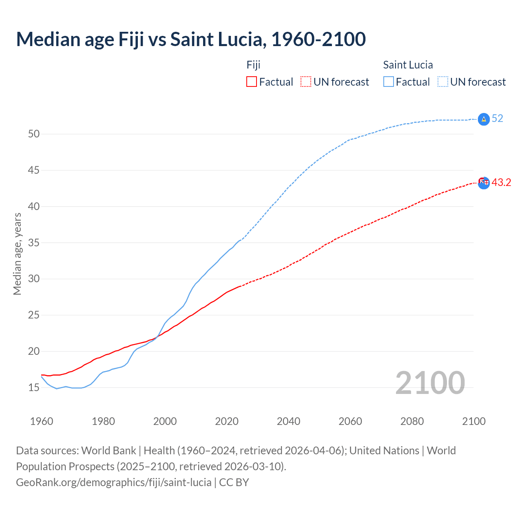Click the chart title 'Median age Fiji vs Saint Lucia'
[x=191, y=39]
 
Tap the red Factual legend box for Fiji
[x=252, y=82]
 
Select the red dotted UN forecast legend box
[x=306, y=82]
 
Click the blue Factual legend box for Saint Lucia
[x=389, y=82]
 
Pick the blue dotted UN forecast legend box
[x=443, y=82]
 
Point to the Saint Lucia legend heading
[x=408, y=65]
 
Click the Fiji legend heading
[x=253, y=65]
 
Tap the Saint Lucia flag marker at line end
[x=484, y=119]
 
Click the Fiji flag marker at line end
[x=484, y=183]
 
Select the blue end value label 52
[x=497, y=119]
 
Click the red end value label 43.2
[x=501, y=183]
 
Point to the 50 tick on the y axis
[x=33, y=134]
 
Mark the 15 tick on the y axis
[x=33, y=387]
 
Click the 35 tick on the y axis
[x=33, y=243]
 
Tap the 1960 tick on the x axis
[x=42, y=421]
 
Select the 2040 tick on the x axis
[x=288, y=421]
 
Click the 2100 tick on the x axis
[x=473, y=421]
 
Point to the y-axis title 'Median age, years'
[x=17, y=254]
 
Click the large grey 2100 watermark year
[x=430, y=383]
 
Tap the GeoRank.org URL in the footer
[x=113, y=482]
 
